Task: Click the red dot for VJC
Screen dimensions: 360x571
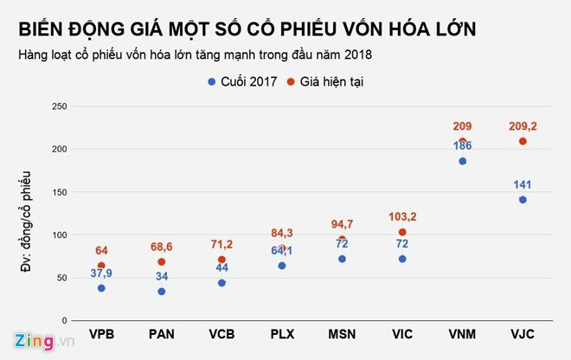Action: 523,141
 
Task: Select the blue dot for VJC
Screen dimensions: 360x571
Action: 523,200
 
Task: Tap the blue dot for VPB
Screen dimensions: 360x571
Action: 101,288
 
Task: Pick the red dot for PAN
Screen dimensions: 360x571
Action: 162,261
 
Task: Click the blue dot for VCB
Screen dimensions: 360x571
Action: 221,283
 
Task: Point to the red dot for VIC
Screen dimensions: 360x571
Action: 402,232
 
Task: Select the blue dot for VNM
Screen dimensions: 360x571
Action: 463,161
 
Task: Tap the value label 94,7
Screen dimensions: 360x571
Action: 342,224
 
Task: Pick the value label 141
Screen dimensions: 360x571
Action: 523,184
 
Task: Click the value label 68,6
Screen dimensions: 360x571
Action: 162,247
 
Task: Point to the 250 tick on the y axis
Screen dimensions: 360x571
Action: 58,106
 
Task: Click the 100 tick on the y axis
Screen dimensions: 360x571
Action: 58,235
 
